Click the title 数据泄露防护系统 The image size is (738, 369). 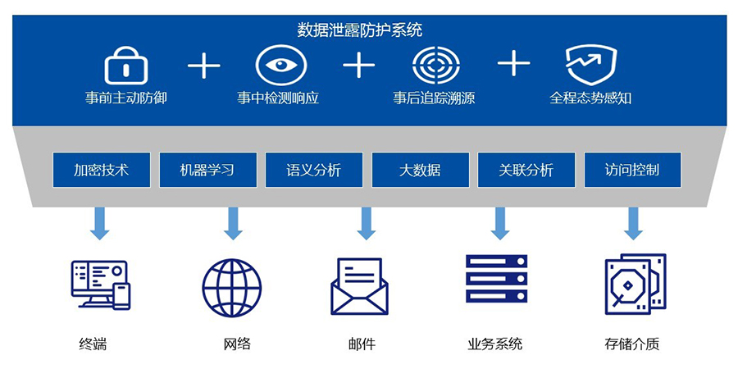(x=360, y=30)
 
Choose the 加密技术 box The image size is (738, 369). (x=101, y=170)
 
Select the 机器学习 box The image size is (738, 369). (x=207, y=170)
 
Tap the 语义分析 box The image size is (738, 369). (x=313, y=170)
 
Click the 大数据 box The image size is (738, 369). (x=420, y=170)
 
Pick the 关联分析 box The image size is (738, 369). (x=526, y=170)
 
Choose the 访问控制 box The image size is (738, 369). (x=632, y=170)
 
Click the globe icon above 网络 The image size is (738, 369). (x=232, y=287)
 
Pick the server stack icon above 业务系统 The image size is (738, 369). (x=496, y=280)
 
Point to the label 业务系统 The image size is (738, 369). (x=495, y=344)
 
